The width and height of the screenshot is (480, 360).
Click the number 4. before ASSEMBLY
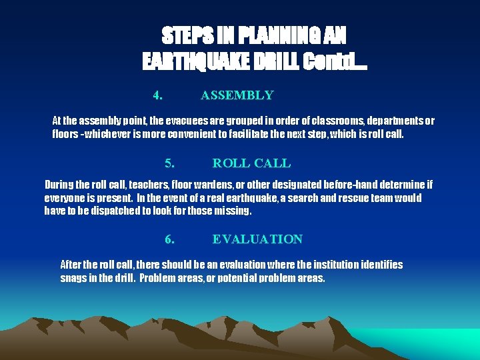tap(158, 95)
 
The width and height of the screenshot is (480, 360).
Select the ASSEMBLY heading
tap(237, 95)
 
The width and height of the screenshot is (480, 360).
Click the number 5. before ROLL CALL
tap(170, 163)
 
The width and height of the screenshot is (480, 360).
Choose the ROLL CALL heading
tap(251, 163)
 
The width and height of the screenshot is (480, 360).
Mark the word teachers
tap(151, 185)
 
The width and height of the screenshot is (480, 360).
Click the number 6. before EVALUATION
tap(170, 239)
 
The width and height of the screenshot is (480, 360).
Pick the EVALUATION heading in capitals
tap(257, 239)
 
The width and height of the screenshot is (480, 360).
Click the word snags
tap(74, 278)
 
